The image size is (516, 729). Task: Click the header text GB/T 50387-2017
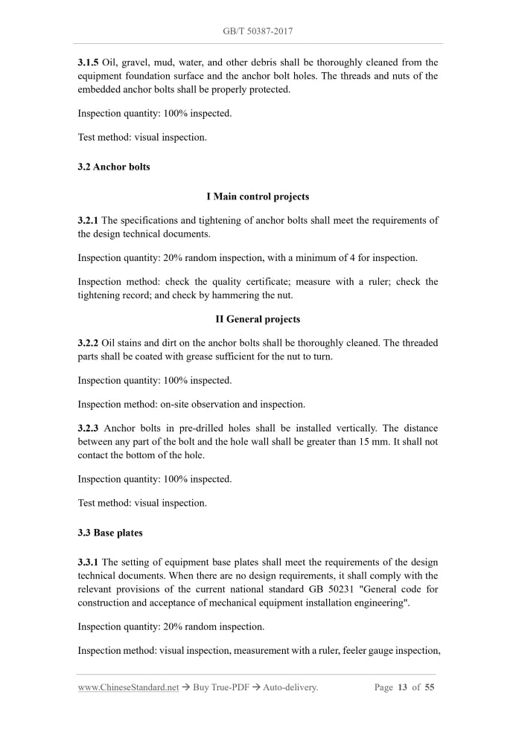258,31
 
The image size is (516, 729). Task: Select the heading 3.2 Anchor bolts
114,167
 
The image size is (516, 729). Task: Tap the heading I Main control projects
258,197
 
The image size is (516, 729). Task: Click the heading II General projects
258,319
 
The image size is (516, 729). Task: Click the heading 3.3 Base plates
110,533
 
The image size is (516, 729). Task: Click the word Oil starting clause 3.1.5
110,62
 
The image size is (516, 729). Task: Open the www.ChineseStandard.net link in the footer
129,688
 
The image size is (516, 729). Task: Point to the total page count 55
430,687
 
